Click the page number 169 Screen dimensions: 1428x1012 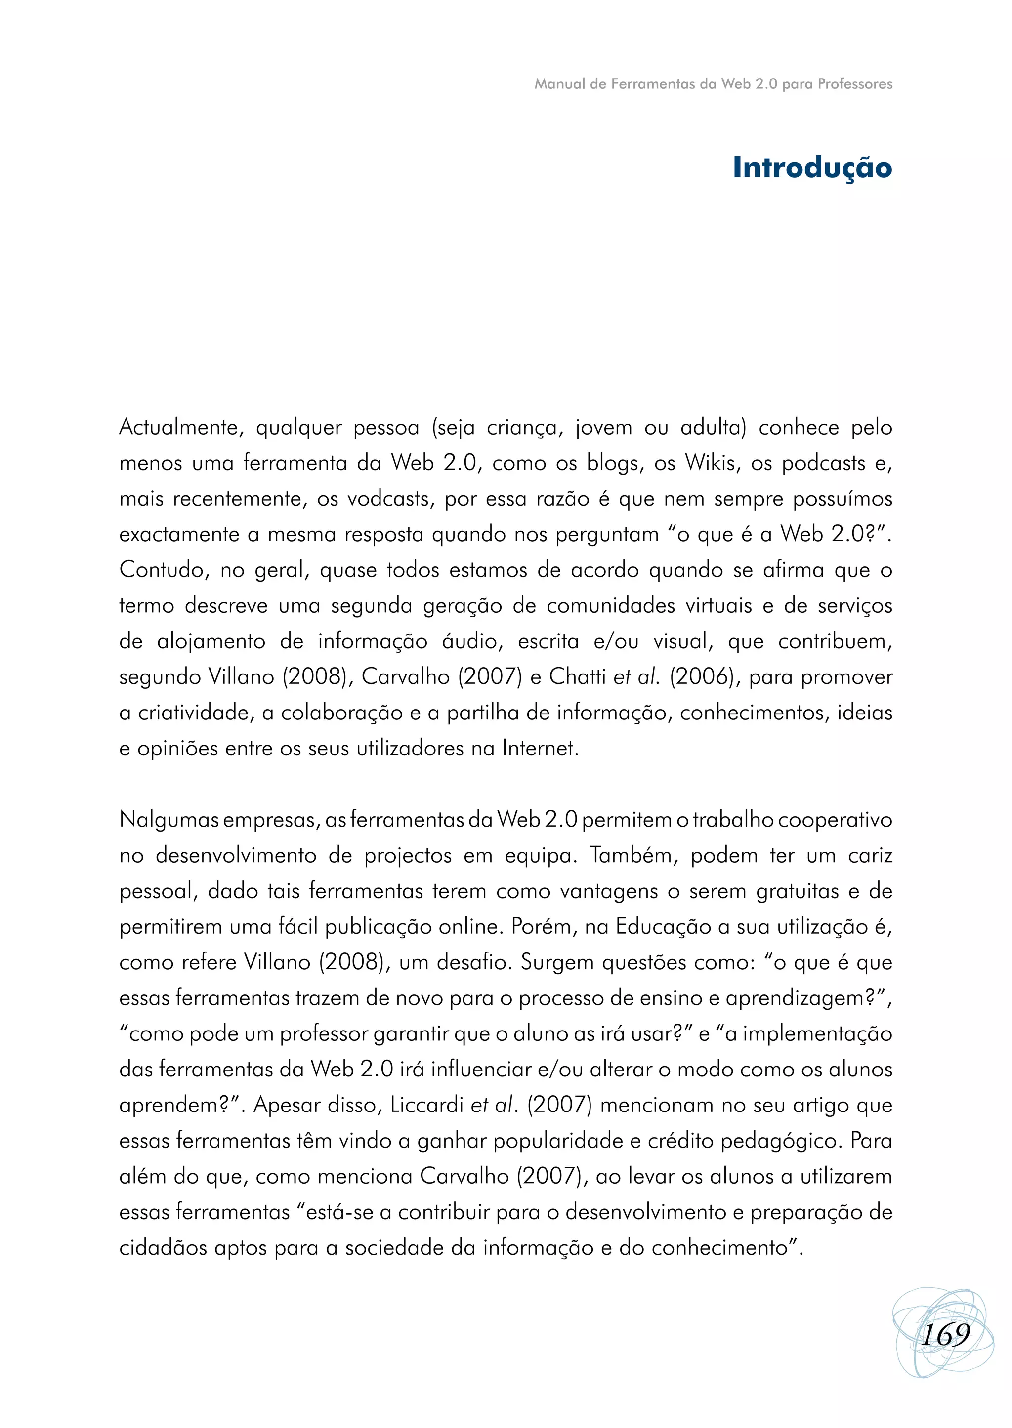(x=945, y=1335)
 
